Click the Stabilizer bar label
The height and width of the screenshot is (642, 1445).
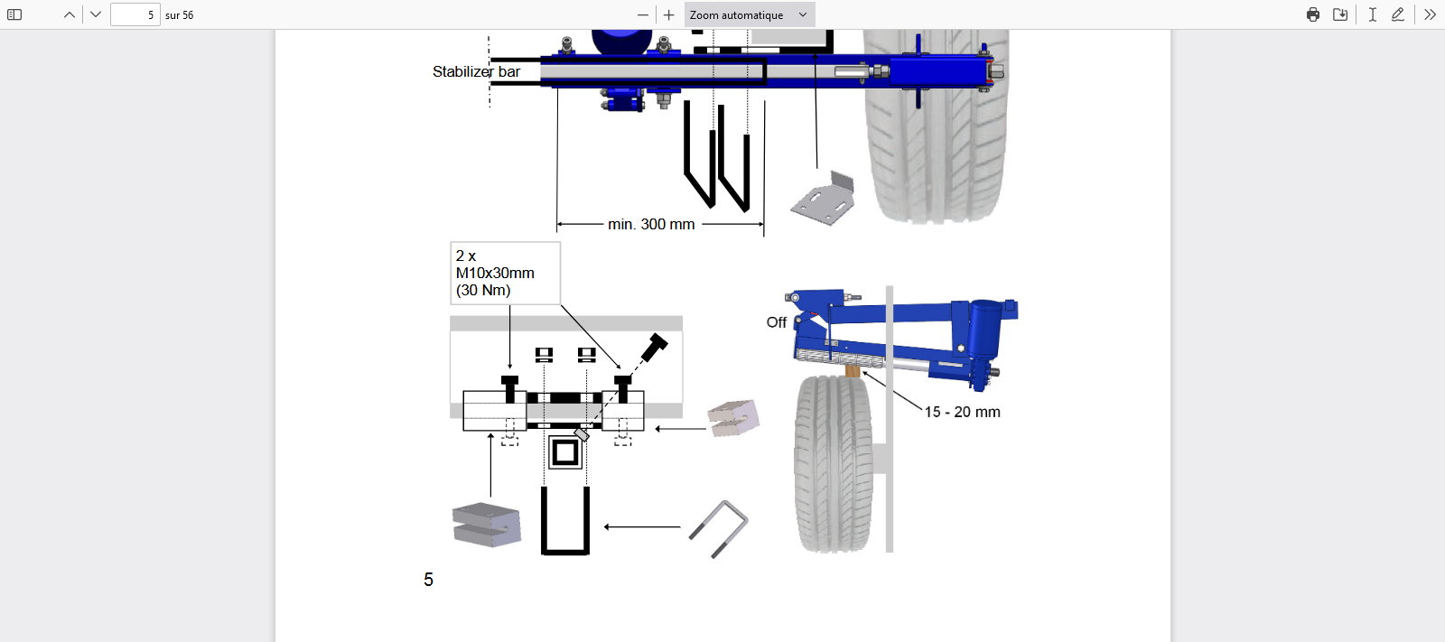click(476, 72)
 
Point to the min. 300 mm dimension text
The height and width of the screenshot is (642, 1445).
click(651, 225)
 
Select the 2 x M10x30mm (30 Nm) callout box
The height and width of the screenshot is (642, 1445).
click(505, 273)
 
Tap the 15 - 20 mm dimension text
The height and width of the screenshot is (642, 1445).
click(962, 412)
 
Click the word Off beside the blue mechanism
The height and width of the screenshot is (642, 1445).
click(776, 322)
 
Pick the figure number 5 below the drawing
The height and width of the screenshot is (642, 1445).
click(428, 580)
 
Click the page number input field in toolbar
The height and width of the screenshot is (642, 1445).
click(135, 14)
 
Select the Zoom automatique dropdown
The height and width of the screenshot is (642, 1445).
click(749, 14)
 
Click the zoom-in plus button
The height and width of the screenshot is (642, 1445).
click(668, 14)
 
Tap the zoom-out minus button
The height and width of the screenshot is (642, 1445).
click(642, 14)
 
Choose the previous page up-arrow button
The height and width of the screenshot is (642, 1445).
click(70, 14)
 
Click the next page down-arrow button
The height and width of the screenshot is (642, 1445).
click(96, 14)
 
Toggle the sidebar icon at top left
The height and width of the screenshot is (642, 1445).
click(14, 14)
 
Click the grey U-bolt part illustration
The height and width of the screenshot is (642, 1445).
click(720, 528)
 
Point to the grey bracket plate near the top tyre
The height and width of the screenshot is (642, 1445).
click(824, 200)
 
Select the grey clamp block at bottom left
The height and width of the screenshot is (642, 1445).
click(487, 525)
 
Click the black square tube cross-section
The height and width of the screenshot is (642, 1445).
click(565, 452)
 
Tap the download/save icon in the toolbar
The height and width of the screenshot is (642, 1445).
click(1340, 14)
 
